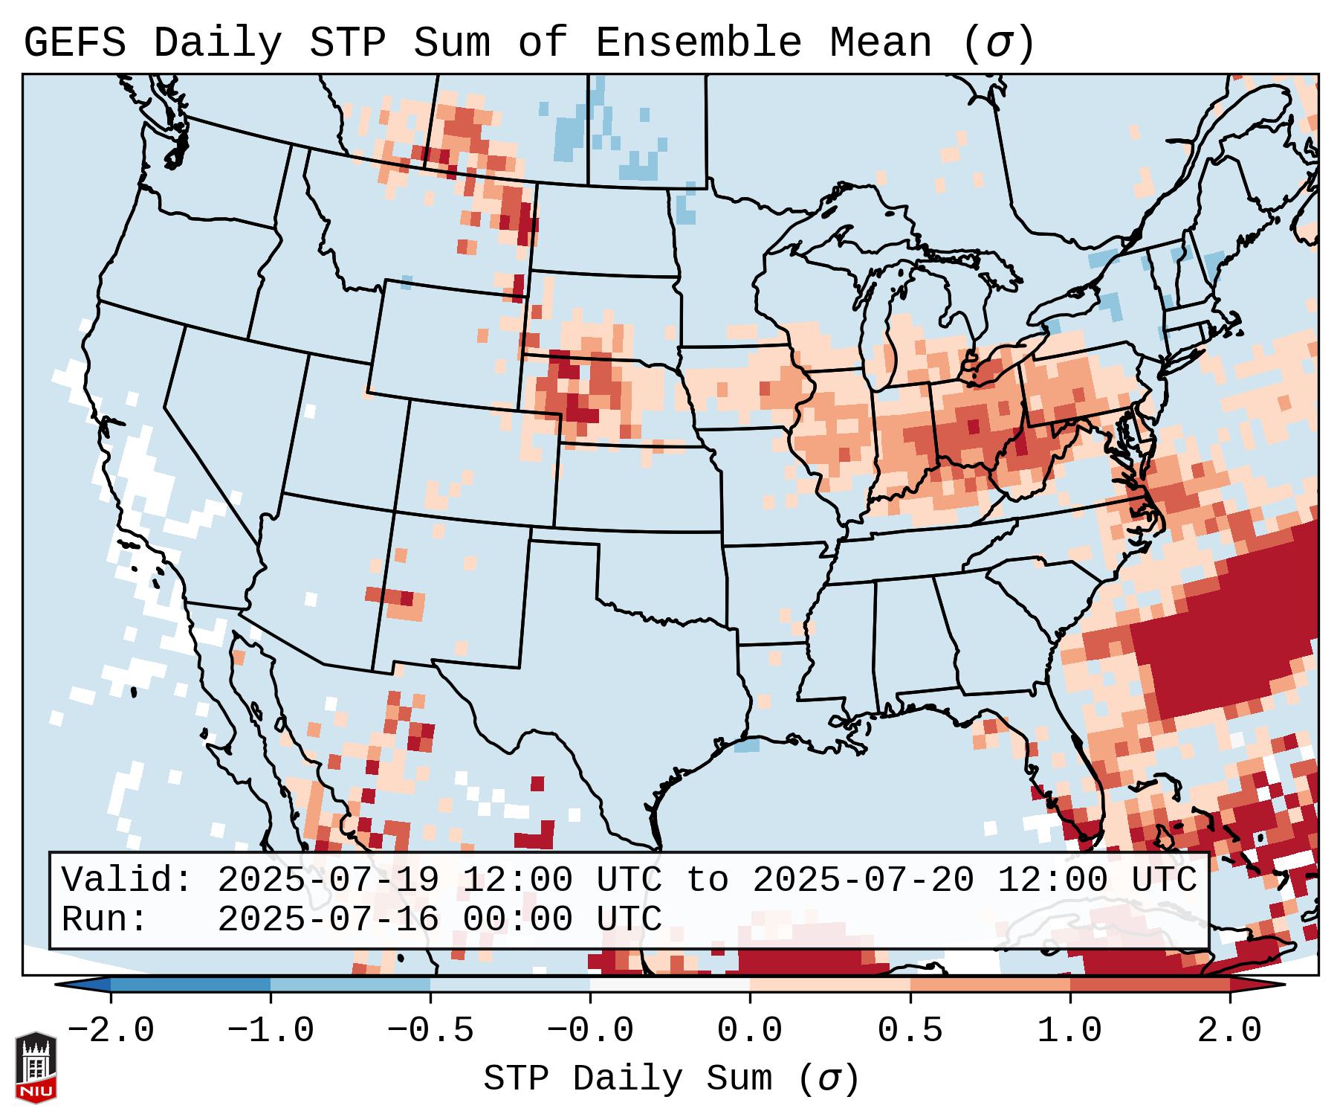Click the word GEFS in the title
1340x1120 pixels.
coord(74,43)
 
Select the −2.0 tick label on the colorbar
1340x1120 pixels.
coord(111,1031)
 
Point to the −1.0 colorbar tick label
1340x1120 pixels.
coord(271,1031)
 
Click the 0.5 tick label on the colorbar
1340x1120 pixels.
coord(910,1031)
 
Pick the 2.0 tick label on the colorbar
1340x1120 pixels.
coord(1230,1031)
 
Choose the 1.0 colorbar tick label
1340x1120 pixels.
coord(1069,1031)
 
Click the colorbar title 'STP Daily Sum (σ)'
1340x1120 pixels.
coord(671,1079)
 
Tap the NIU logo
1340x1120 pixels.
coord(36,1067)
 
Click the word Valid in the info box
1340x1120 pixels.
coord(126,881)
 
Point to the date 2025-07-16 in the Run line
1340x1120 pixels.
coord(328,920)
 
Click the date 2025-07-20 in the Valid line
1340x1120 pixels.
coord(863,881)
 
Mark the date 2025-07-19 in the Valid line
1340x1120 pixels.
coord(328,881)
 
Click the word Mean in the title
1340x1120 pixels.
coord(881,43)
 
